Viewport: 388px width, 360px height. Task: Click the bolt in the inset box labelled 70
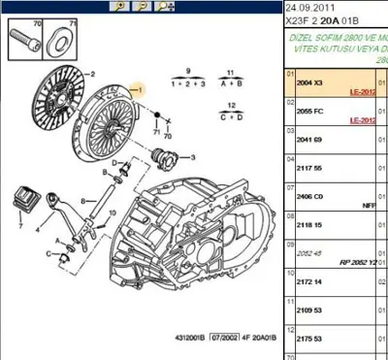pos(21,44)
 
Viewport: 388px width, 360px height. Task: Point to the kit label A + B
pos(230,85)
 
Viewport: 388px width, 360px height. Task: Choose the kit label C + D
pos(230,117)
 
